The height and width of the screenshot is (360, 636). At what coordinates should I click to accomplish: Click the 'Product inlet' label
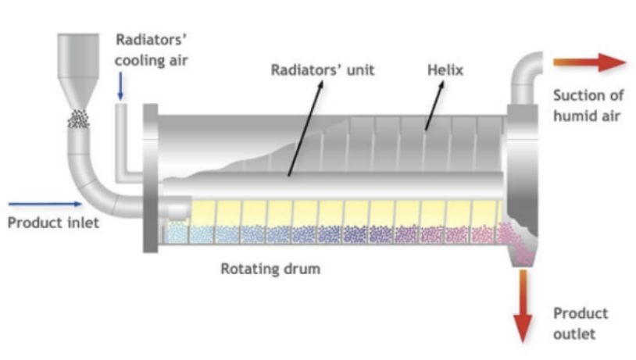(x=54, y=223)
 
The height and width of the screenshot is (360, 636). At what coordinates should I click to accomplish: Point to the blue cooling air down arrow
(x=121, y=85)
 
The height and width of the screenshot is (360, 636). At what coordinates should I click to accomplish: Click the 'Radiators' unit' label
(x=323, y=70)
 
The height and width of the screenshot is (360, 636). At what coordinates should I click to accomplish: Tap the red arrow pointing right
(x=590, y=62)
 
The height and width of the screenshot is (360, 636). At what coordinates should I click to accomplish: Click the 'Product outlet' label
(x=581, y=323)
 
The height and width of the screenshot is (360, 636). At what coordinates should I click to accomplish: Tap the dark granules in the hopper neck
(x=79, y=119)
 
